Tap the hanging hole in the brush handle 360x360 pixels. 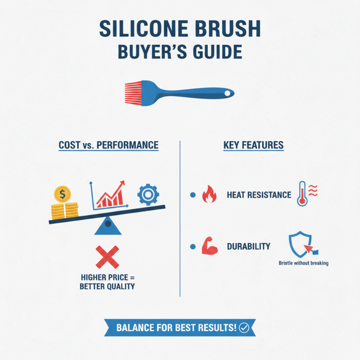pyautogui.click(x=227, y=93)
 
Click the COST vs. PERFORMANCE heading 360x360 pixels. pyautogui.click(x=108, y=145)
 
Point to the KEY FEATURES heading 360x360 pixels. pyautogui.click(x=253, y=145)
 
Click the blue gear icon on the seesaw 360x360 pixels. pyautogui.click(x=148, y=194)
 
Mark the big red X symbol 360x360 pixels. pyautogui.click(x=108, y=257)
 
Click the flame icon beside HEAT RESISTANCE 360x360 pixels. pyautogui.click(x=209, y=195)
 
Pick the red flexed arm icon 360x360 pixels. pyautogui.click(x=210, y=247)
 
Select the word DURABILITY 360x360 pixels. pyautogui.click(x=248, y=247)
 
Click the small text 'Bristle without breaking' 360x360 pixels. pyautogui.click(x=303, y=263)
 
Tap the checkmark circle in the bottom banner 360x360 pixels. pyautogui.click(x=244, y=328)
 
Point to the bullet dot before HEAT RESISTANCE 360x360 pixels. pyautogui.click(x=193, y=195)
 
